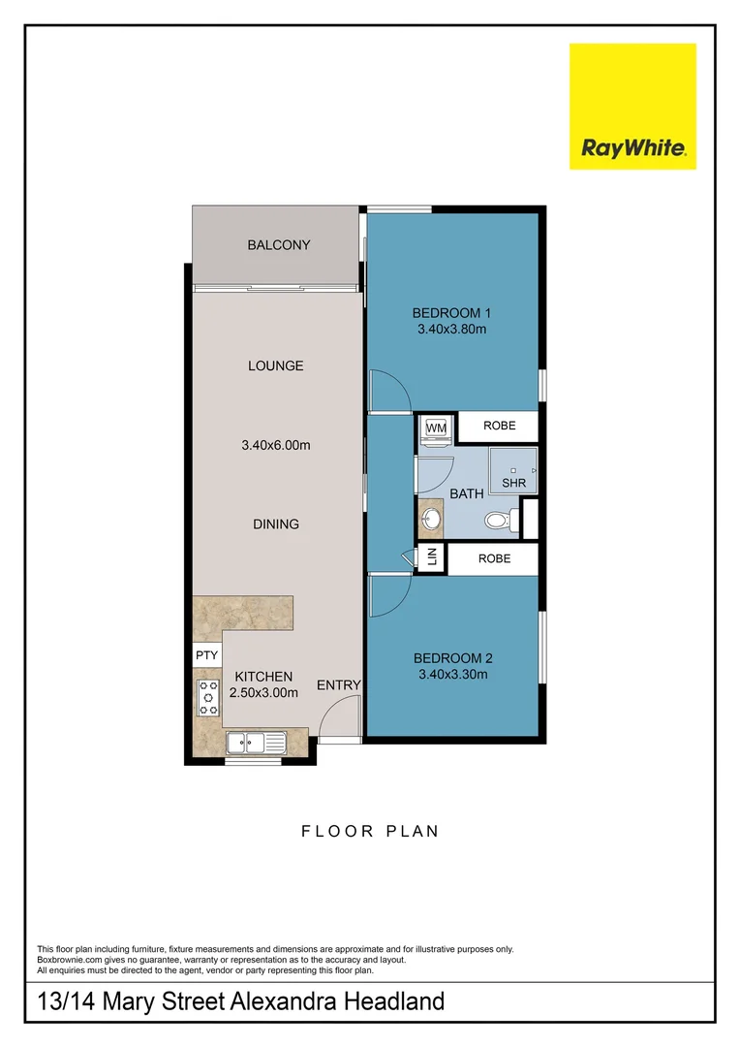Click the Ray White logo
pyautogui.click(x=632, y=107)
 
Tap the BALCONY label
pyautogui.click(x=279, y=245)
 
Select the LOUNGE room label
pyautogui.click(x=276, y=365)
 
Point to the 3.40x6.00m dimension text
pyautogui.click(x=276, y=446)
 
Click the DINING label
pyautogui.click(x=276, y=523)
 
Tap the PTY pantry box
pyautogui.click(x=206, y=655)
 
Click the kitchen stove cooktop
pyautogui.click(x=207, y=697)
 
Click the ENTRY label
pyautogui.click(x=339, y=684)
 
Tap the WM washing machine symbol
pyautogui.click(x=436, y=428)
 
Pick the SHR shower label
pyautogui.click(x=512, y=483)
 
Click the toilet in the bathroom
pyautogui.click(x=497, y=522)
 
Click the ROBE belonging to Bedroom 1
pyautogui.click(x=497, y=426)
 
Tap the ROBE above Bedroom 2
pyautogui.click(x=494, y=559)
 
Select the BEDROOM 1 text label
pyautogui.click(x=452, y=312)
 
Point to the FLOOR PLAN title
pyautogui.click(x=370, y=831)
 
